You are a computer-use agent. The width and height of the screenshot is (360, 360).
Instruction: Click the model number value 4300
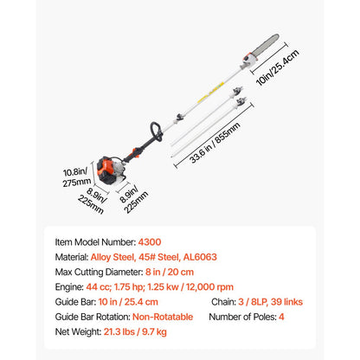tap(150, 244)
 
